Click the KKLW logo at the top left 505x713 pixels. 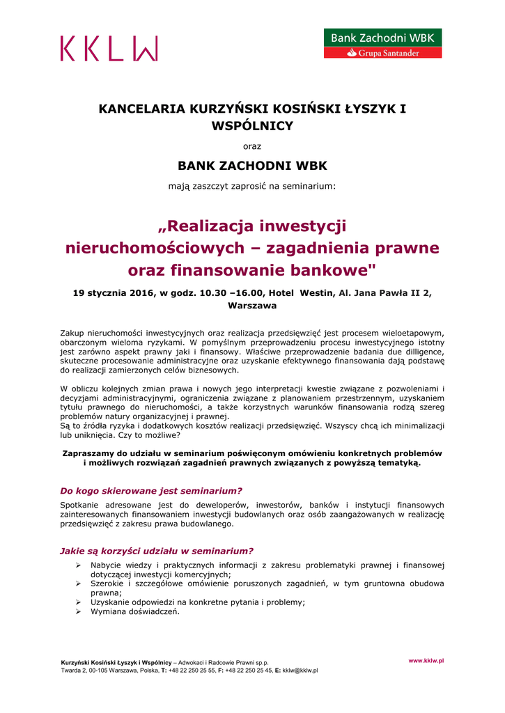(x=109, y=49)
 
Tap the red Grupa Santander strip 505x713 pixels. (x=382, y=52)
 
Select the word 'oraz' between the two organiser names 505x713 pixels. (x=251, y=146)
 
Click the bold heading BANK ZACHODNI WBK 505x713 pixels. (x=252, y=166)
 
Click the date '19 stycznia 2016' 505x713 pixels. (x=113, y=293)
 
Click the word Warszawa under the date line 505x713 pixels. (x=252, y=305)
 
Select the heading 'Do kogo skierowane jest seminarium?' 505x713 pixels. (x=151, y=490)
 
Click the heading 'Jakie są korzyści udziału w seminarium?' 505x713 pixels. (x=157, y=550)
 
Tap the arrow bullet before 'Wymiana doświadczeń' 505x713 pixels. (x=79, y=612)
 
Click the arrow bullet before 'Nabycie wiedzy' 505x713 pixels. (x=79, y=565)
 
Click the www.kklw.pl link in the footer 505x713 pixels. (x=426, y=659)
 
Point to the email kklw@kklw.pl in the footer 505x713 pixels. (x=300, y=671)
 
